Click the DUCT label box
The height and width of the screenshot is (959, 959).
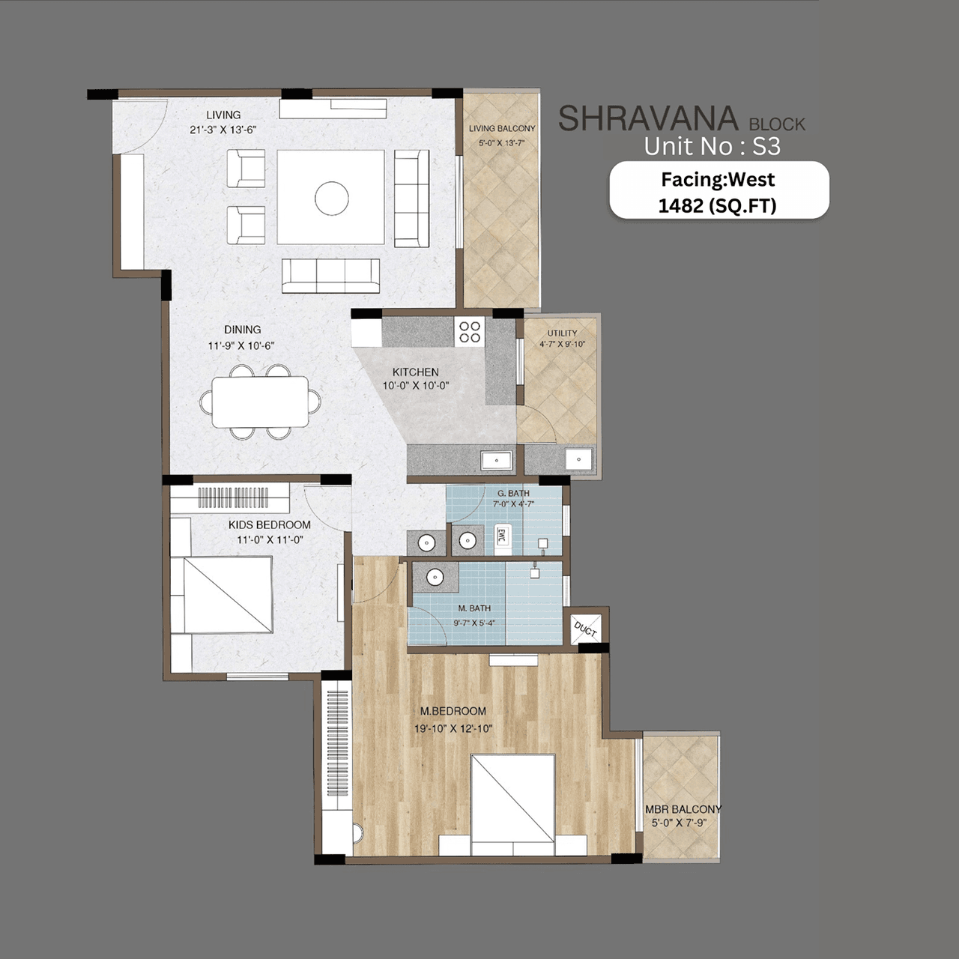585,628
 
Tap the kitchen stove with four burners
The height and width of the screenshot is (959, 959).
470,331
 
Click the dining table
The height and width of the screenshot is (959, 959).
260,402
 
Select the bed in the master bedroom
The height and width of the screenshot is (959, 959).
513,799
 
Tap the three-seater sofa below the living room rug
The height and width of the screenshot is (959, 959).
330,276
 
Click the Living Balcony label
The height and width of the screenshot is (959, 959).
502,129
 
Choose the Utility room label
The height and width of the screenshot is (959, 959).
562,333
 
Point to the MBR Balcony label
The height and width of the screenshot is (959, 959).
683,809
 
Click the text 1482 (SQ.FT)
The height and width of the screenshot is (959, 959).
717,205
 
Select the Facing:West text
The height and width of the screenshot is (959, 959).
717,180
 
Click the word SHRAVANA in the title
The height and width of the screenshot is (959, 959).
648,119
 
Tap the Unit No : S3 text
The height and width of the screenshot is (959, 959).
712,146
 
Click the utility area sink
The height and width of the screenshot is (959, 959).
578,459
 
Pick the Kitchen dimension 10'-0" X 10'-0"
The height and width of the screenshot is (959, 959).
416,386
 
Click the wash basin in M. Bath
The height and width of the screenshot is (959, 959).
435,577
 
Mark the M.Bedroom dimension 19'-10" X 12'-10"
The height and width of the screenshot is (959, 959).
453,728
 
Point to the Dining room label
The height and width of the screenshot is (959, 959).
242,330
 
